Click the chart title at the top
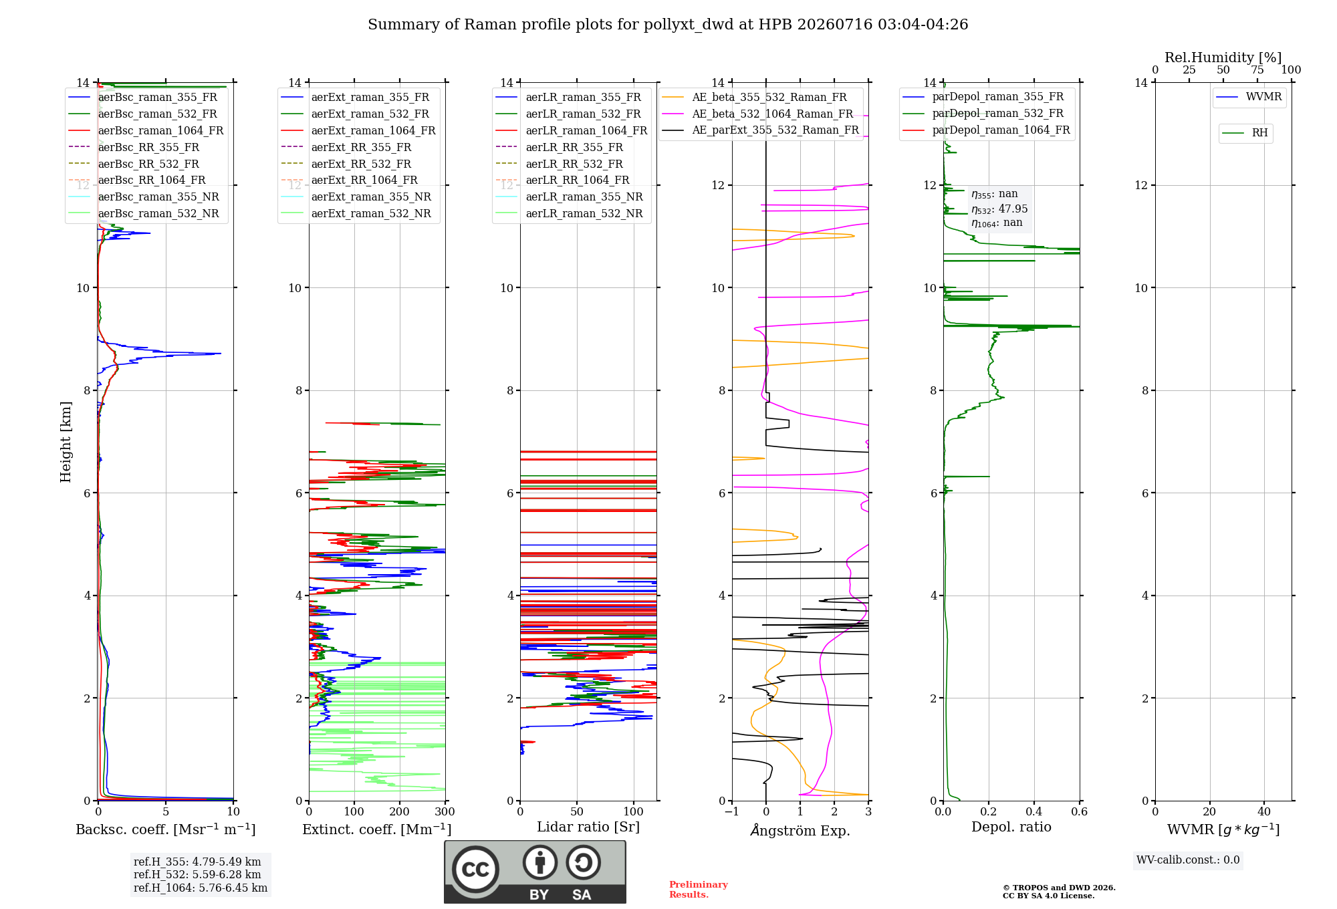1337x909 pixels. pos(668,25)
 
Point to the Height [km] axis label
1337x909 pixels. pos(66,442)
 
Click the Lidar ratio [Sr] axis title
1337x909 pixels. pos(588,827)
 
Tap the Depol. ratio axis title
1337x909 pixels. pos(1011,827)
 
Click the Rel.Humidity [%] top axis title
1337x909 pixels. pos(1223,57)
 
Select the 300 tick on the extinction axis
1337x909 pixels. pos(445,811)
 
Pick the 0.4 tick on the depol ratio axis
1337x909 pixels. pos(1034,811)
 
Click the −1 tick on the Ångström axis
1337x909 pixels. pos(732,811)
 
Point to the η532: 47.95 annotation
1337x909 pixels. pos(999,209)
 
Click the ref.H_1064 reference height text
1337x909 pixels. pos(201,888)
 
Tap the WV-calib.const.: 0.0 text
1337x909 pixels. pos(1188,860)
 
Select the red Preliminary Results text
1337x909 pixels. pos(699,890)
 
